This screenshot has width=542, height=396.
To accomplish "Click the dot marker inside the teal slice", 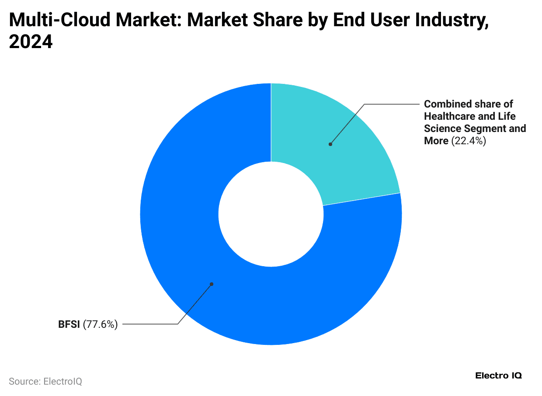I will coord(330,144).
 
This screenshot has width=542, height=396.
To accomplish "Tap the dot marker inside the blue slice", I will coord(212,284).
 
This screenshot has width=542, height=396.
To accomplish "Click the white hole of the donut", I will coord(271,214).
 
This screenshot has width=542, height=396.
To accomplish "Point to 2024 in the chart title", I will coord(31,42).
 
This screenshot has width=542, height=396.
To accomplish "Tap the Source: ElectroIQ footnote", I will coord(45,381).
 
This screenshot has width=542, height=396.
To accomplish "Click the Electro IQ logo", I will coord(498,375).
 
